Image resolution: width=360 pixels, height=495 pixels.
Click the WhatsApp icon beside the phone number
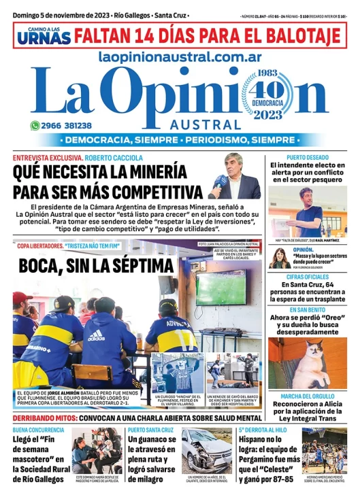35,126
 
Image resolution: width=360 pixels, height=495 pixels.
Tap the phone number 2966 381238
67,126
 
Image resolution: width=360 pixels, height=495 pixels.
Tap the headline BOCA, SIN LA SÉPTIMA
96,265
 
